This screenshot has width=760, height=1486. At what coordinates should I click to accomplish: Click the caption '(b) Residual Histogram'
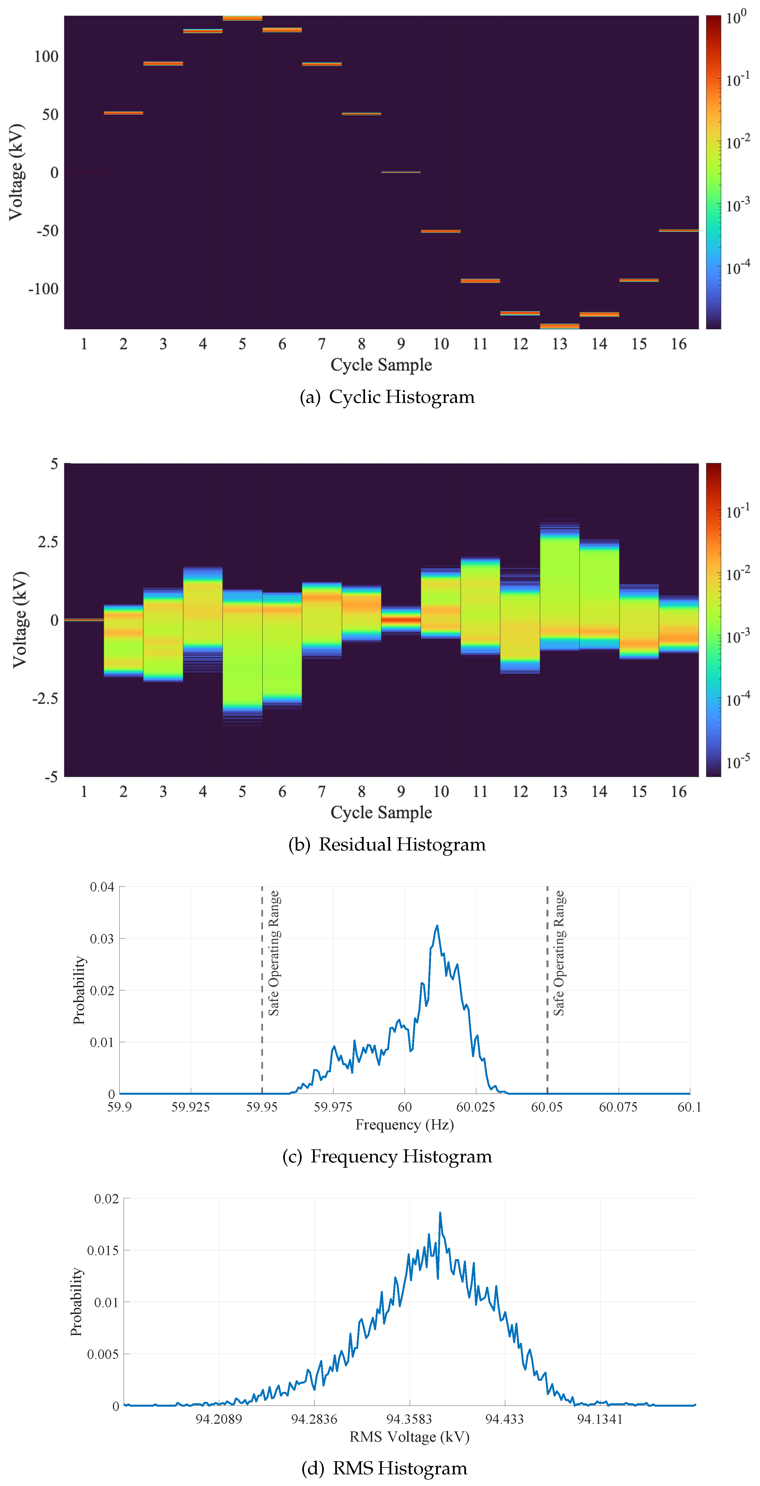tap(387, 845)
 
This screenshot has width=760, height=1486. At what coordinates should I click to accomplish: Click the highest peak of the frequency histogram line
tap(437, 926)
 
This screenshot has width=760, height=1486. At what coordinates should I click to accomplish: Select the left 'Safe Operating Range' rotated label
tap(274, 953)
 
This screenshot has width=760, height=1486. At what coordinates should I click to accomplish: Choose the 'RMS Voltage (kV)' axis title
tap(409, 1437)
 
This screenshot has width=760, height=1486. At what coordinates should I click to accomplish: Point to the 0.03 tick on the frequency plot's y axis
tap(102, 939)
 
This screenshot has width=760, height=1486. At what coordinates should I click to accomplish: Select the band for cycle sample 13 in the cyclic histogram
tap(559, 326)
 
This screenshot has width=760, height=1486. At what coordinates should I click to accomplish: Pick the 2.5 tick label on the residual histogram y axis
tap(48, 542)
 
